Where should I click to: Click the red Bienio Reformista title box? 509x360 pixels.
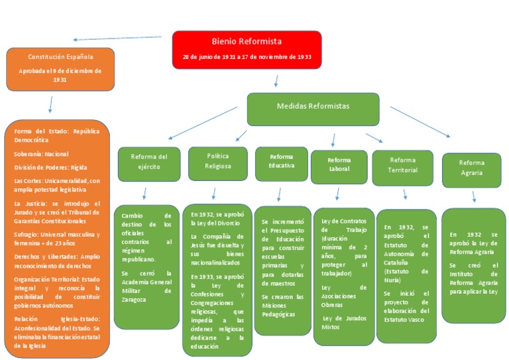click(247, 49)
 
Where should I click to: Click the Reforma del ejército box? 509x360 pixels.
click(148, 162)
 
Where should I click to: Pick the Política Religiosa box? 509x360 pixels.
click(218, 162)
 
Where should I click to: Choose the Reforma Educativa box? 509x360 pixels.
click(282, 161)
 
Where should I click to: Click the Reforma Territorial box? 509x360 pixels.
click(402, 166)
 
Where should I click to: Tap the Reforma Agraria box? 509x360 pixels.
click(472, 168)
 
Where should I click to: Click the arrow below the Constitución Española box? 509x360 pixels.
click(50, 104)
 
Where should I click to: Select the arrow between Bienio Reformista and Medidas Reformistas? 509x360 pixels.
click(276, 81)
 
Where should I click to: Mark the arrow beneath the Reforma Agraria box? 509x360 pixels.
click(473, 196)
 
